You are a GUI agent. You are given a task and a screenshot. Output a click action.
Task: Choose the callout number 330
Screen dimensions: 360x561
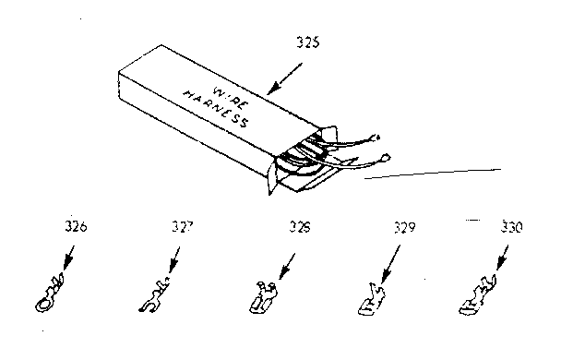click(x=507, y=226)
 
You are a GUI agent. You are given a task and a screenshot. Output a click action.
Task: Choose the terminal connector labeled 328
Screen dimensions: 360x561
click(x=262, y=296)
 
